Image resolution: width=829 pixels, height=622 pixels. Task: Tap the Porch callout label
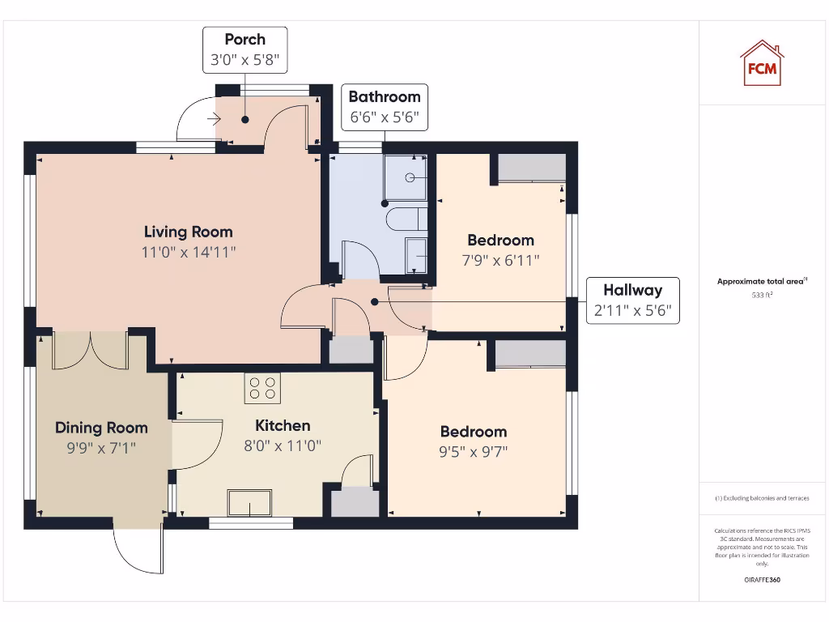(244, 49)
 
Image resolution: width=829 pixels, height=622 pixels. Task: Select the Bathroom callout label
(384, 106)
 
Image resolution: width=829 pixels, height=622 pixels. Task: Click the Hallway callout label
(632, 300)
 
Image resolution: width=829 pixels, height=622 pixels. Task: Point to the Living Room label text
(188, 232)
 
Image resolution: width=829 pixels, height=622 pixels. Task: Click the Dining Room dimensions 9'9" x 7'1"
(101, 446)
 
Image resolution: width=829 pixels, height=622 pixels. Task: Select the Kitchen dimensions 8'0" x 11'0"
(283, 445)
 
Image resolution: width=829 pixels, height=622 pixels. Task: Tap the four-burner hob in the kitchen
(262, 388)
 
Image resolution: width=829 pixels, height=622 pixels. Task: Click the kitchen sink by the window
(250, 502)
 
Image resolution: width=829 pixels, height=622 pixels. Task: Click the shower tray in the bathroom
(409, 178)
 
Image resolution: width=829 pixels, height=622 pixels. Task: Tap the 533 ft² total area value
(761, 296)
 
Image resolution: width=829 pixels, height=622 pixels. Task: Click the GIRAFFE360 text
(761, 580)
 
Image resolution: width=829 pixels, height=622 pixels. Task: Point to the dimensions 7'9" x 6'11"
(500, 260)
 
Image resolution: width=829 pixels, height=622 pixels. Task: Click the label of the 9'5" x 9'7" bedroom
(474, 432)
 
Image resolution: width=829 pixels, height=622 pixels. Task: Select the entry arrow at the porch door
(214, 120)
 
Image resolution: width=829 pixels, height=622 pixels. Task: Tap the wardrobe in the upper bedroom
(531, 168)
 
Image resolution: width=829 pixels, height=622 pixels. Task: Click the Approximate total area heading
(761, 281)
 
